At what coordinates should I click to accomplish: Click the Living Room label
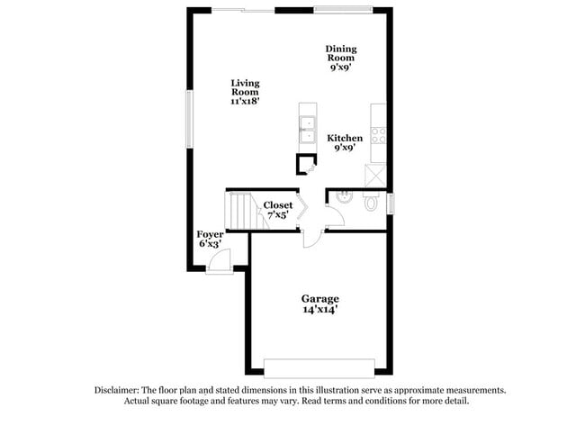(245, 87)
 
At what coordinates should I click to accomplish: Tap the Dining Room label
(340, 52)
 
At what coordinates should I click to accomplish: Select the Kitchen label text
(345, 139)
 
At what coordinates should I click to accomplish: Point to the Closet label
(277, 205)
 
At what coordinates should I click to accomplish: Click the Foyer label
(210, 234)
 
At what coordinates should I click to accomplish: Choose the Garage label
(319, 298)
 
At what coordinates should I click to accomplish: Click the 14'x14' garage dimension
(319, 310)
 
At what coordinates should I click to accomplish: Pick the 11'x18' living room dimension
(245, 102)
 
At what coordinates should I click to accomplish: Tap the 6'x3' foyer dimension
(210, 244)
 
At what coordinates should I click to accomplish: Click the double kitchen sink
(307, 131)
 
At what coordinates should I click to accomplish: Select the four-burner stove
(379, 135)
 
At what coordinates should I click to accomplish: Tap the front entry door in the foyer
(218, 263)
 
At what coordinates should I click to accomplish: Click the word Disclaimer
(120, 390)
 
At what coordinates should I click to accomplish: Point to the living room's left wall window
(188, 113)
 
